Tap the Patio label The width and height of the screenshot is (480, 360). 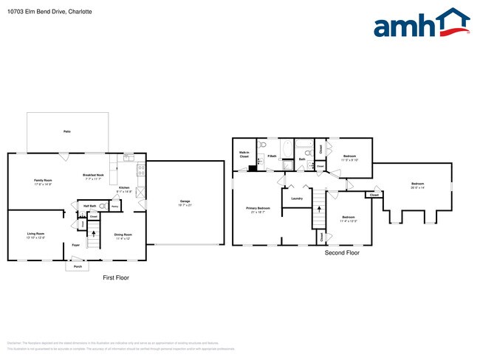click(67, 131)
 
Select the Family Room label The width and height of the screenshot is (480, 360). click(44, 181)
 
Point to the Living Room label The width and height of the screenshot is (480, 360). click(35, 235)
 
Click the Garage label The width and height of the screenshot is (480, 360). click(185, 202)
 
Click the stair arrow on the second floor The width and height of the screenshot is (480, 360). click(319, 208)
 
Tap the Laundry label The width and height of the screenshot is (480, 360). click(297, 198)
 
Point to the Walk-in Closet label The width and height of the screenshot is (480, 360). click(243, 155)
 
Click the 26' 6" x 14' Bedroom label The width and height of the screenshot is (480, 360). click(418, 185)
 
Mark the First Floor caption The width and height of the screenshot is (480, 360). click(117, 277)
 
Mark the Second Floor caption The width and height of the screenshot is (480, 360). click(342, 252)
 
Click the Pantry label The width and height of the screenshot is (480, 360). click(114, 207)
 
